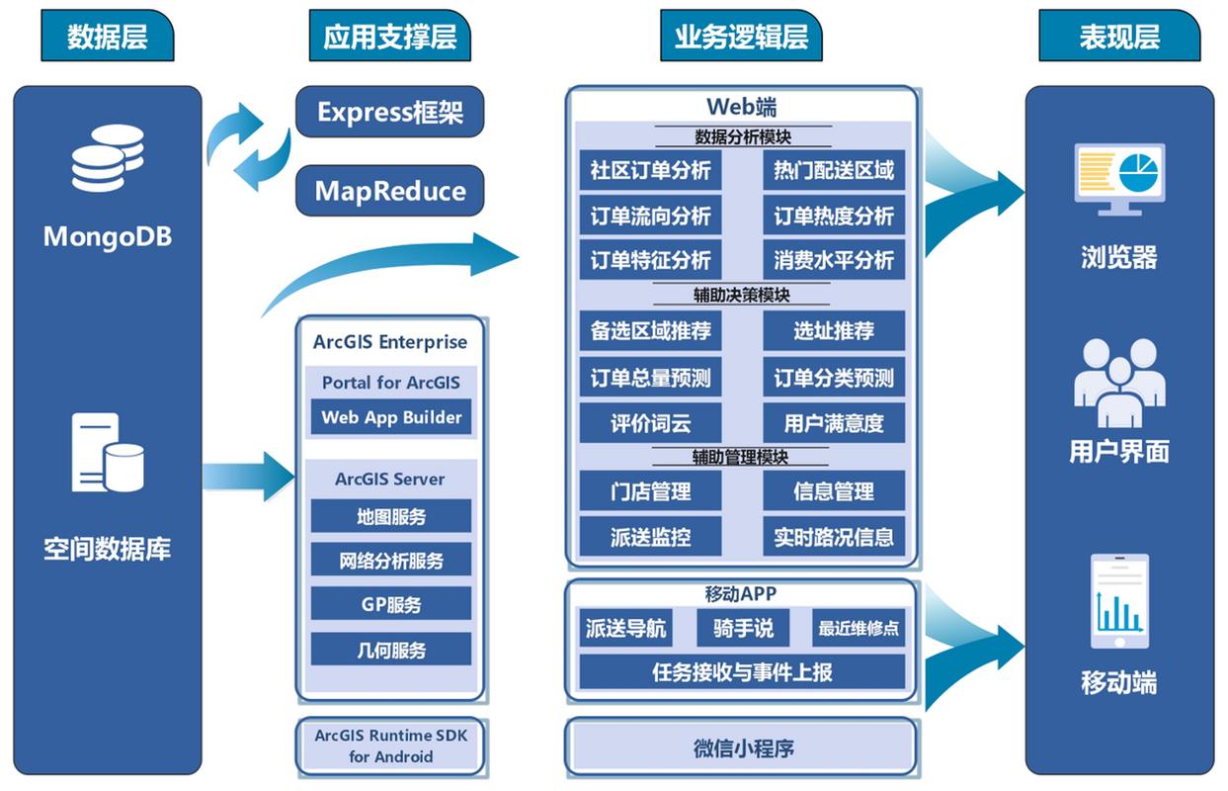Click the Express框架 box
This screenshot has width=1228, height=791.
tap(390, 112)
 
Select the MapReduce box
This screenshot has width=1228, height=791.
tap(390, 190)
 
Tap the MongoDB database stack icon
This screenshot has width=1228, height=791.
tap(107, 158)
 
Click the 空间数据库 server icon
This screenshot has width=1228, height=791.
tap(107, 454)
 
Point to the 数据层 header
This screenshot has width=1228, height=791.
tap(107, 38)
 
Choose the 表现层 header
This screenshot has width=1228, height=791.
tap(1118, 38)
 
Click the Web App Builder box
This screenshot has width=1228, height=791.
tap(391, 417)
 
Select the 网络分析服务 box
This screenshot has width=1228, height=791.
tap(391, 561)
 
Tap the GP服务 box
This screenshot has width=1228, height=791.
tap(391, 605)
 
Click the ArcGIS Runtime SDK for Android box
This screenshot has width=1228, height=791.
tap(391, 747)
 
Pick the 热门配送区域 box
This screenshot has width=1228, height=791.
tap(834, 170)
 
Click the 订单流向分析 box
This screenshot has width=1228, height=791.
tap(650, 216)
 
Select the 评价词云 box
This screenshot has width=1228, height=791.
tap(650, 423)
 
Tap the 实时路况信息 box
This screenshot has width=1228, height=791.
tap(834, 537)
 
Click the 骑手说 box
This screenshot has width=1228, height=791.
tap(743, 628)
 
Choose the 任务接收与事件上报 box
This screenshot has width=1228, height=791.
tap(742, 672)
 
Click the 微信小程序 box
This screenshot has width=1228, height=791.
tap(742, 747)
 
